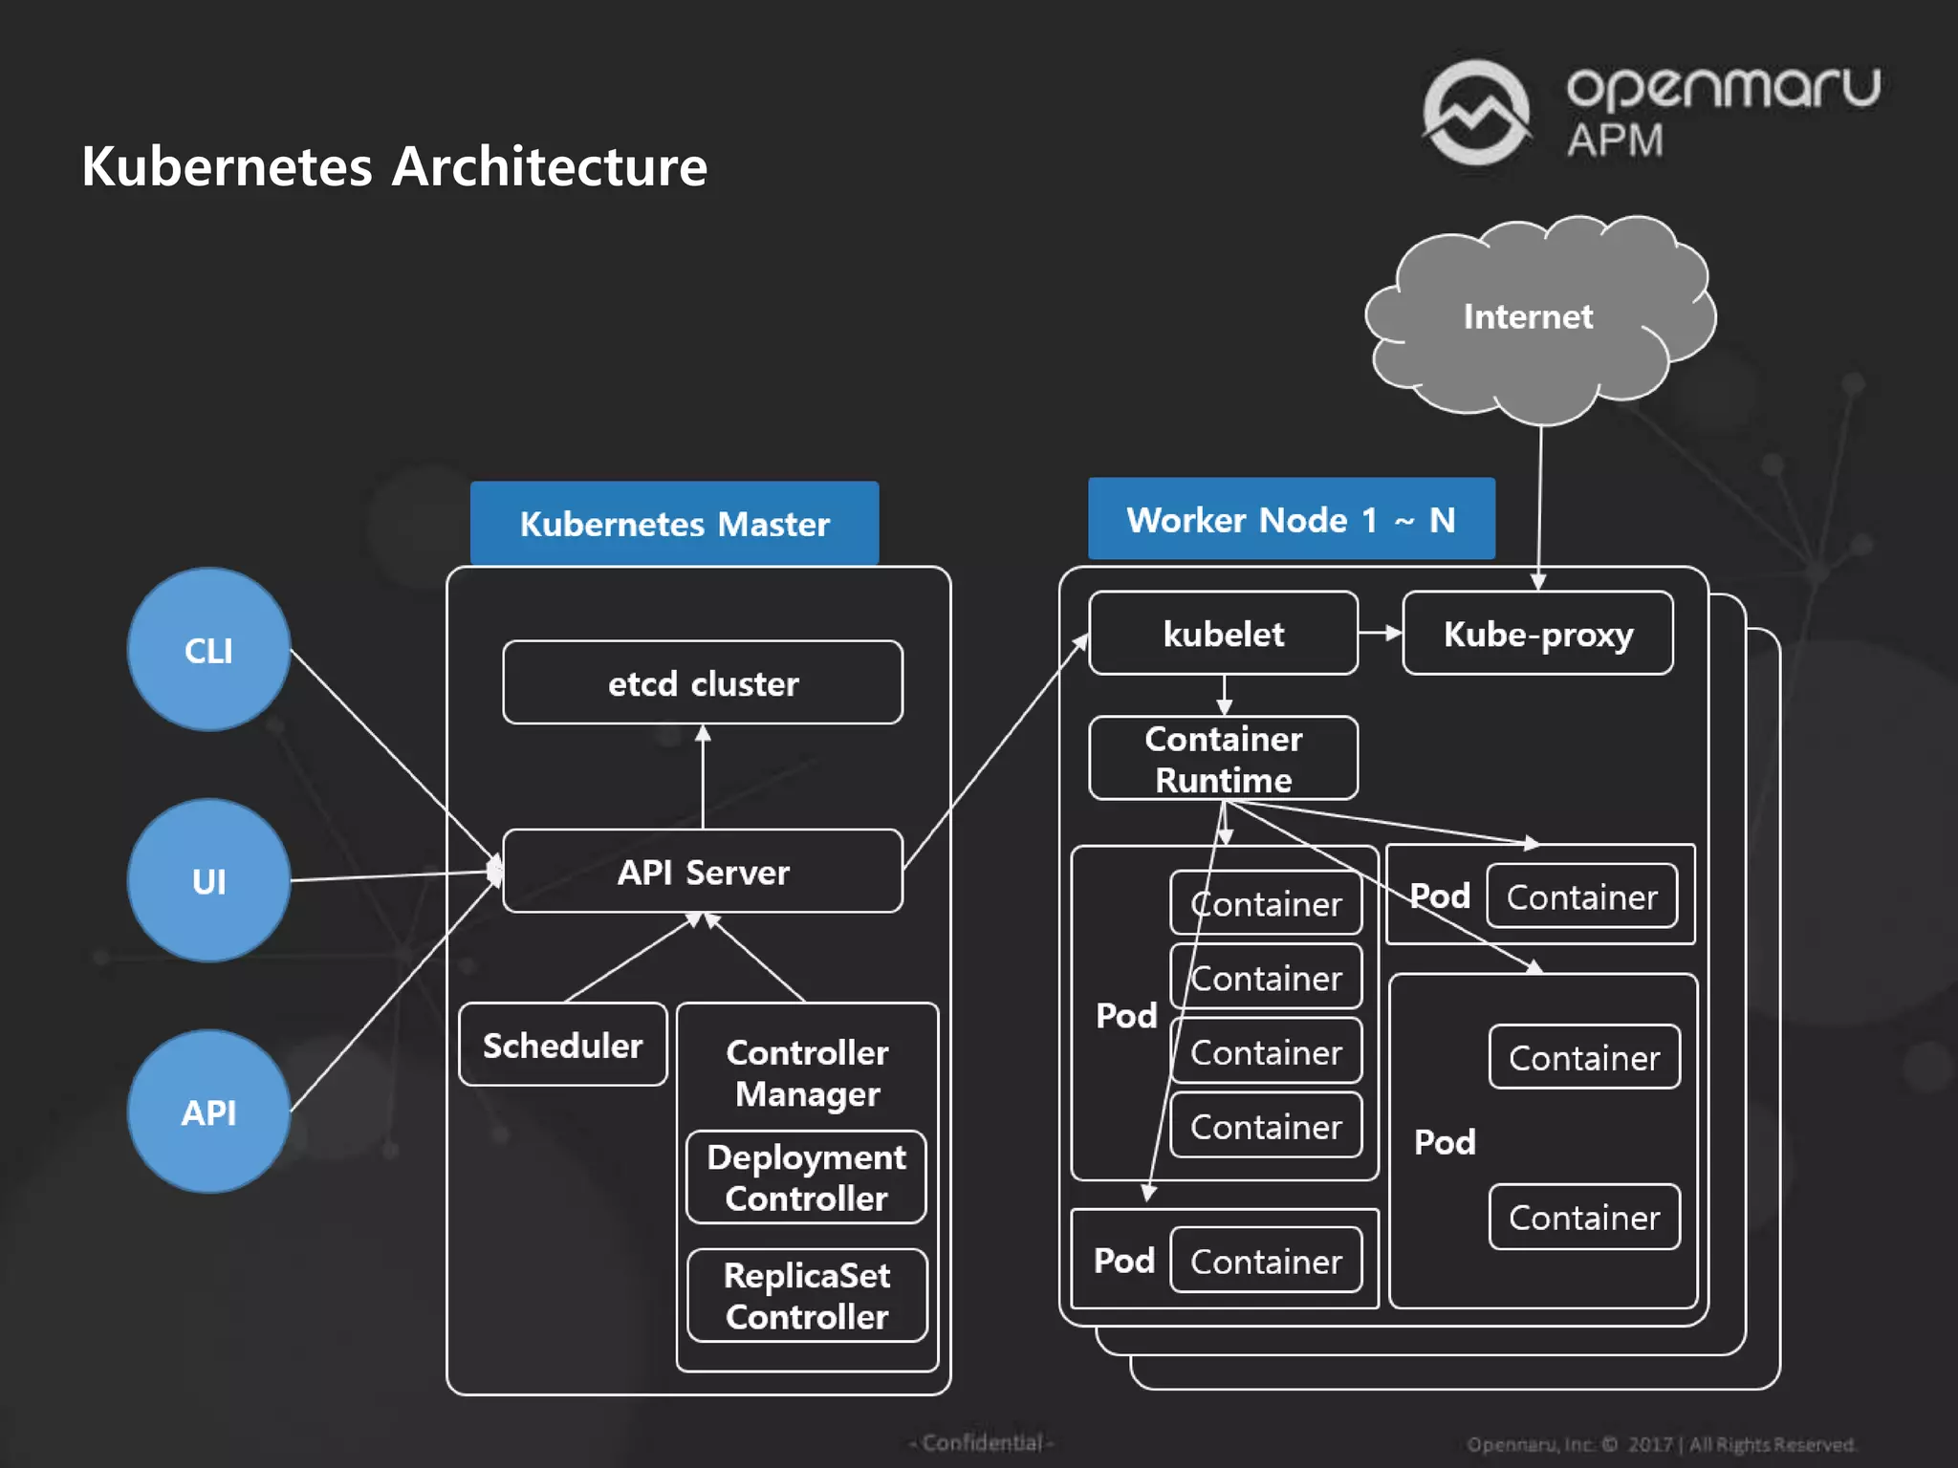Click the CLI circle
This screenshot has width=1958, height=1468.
(x=208, y=650)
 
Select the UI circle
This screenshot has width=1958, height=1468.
(x=208, y=880)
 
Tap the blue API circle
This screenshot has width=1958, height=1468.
(x=208, y=1112)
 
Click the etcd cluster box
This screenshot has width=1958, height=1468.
(x=703, y=682)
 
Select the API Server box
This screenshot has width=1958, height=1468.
(x=703, y=872)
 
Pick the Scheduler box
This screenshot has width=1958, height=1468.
(x=562, y=1045)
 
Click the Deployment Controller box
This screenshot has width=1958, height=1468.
(x=806, y=1177)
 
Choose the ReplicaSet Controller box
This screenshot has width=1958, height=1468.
(x=806, y=1296)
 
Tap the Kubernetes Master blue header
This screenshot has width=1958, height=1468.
(x=674, y=523)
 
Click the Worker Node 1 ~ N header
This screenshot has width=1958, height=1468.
(x=1291, y=519)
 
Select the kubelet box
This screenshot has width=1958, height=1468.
(x=1223, y=634)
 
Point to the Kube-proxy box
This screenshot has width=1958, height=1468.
(x=1537, y=634)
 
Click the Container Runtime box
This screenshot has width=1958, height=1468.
(x=1223, y=759)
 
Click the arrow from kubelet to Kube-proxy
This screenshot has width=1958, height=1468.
(x=1380, y=633)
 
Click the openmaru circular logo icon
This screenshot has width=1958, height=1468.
(x=1476, y=113)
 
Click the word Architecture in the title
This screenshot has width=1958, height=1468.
(x=550, y=166)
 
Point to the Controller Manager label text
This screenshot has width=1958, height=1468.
(x=806, y=1072)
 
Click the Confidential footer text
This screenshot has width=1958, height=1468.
(x=982, y=1442)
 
